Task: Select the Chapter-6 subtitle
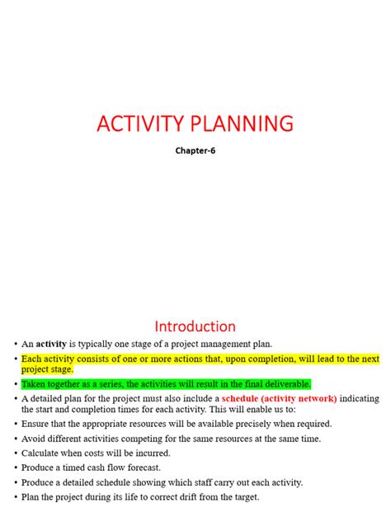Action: pos(195,151)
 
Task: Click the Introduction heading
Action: pos(195,326)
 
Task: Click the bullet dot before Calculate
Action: pos(15,453)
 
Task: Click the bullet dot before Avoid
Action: pos(15,439)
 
